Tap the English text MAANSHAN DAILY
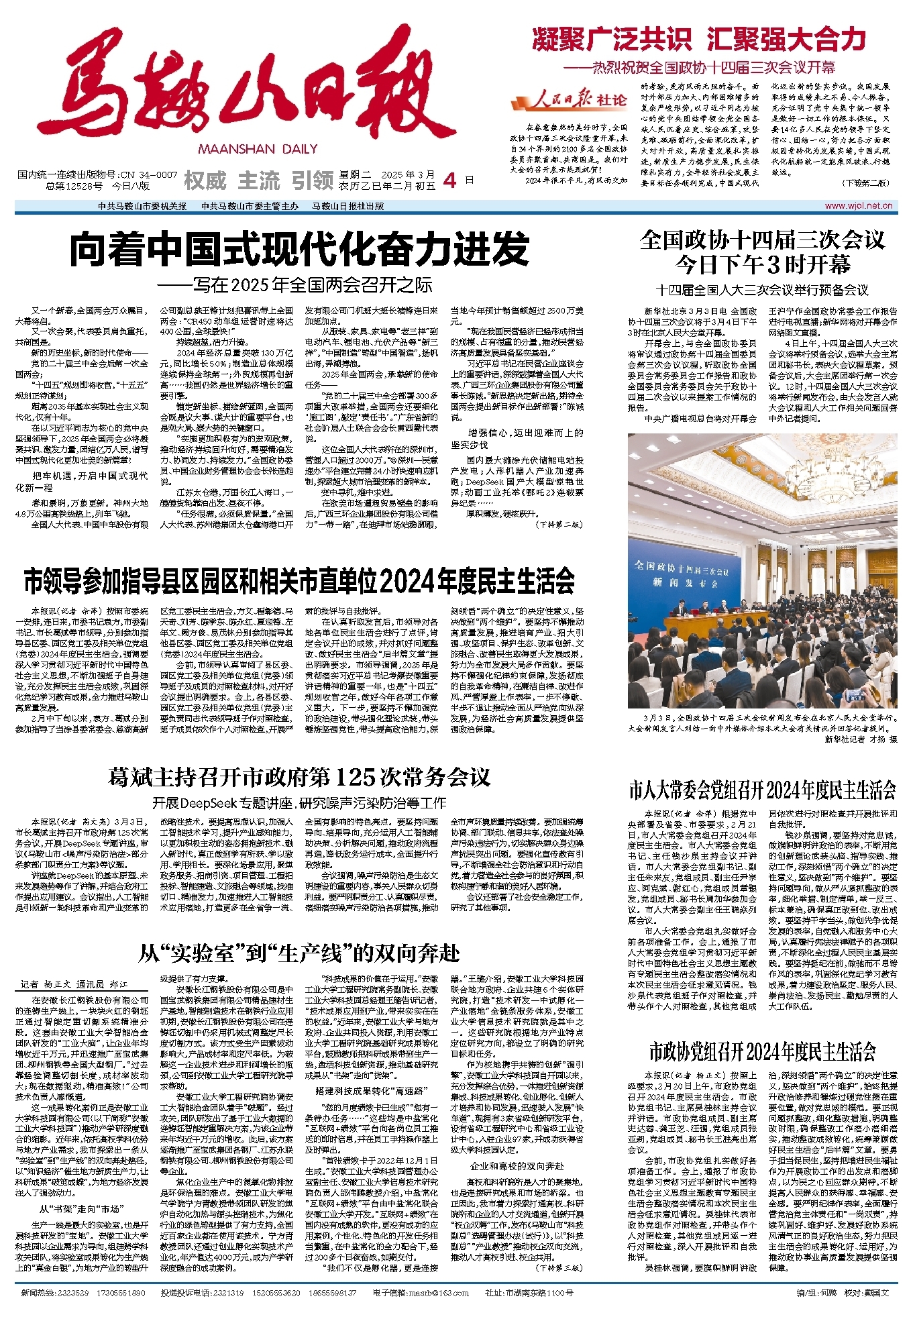[258, 149]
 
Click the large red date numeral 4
[451, 180]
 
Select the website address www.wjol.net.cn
[858, 206]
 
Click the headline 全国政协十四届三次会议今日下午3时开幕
[762, 252]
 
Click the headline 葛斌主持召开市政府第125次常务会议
[299, 778]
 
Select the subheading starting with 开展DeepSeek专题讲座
[299, 802]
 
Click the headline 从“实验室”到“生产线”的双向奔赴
[299, 953]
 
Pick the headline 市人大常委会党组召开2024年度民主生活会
[762, 790]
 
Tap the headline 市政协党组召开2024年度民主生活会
[762, 1051]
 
